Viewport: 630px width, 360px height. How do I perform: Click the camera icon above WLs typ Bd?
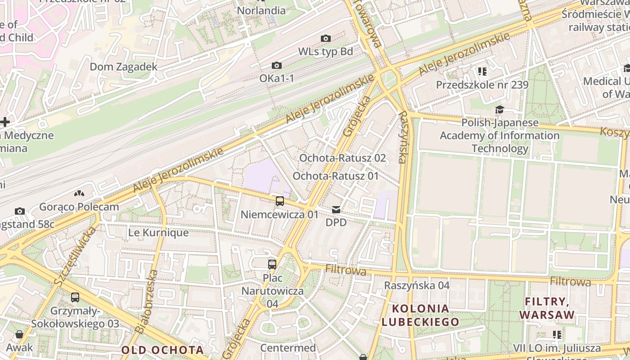point(325,39)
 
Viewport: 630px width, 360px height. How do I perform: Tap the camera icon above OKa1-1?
point(277,66)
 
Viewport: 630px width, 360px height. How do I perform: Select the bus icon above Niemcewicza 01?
point(279,201)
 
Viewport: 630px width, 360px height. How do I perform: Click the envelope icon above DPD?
point(336,210)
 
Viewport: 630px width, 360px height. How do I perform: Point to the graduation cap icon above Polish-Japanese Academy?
point(499,110)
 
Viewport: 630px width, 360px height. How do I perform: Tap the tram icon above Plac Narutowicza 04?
point(272,264)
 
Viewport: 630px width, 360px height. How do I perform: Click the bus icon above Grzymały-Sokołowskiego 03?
point(75,297)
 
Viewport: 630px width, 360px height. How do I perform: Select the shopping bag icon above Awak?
point(19,334)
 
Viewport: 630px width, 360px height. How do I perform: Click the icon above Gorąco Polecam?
point(79,193)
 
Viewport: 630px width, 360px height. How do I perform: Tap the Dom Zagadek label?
point(123,67)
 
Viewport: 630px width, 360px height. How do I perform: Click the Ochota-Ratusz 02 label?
point(342,158)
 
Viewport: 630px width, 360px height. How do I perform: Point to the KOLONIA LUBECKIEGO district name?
point(420,315)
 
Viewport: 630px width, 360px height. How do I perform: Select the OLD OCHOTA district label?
point(162,350)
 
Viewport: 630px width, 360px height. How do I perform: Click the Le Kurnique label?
point(158,233)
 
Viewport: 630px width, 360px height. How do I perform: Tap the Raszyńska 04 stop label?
point(417,285)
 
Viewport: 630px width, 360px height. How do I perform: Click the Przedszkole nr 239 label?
point(482,85)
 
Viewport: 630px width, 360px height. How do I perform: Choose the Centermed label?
point(288,348)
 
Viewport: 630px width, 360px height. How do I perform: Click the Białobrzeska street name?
point(147,301)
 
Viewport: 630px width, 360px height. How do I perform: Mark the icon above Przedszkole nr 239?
point(482,71)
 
